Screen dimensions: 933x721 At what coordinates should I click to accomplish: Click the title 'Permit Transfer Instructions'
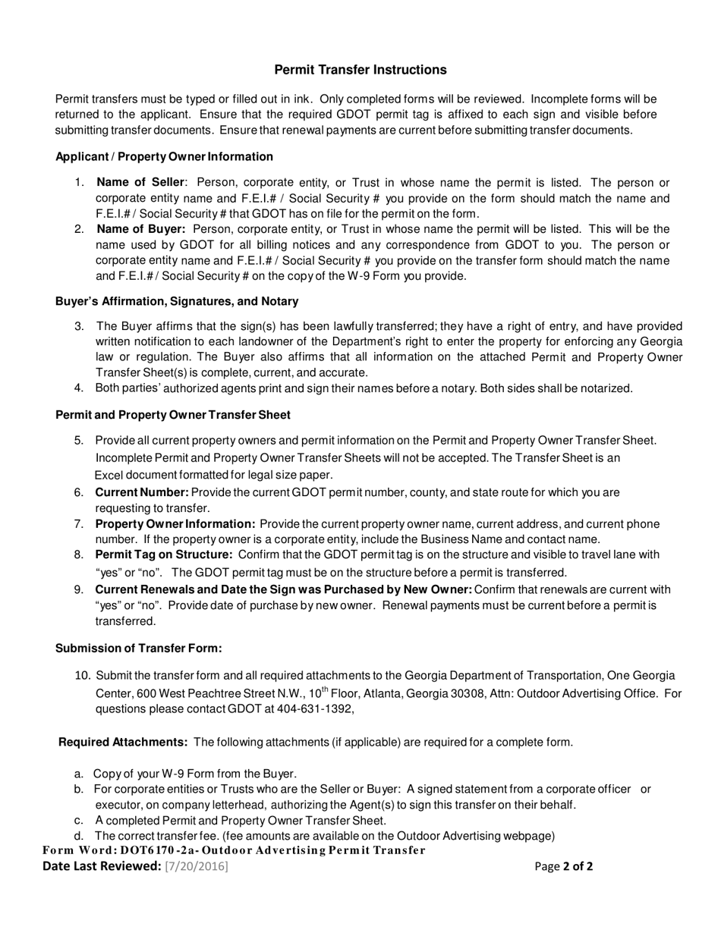pyautogui.click(x=360, y=70)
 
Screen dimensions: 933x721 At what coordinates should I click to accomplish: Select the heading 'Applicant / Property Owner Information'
pyautogui.click(x=164, y=157)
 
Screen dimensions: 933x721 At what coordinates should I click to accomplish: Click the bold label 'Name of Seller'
pyautogui.click(x=140, y=183)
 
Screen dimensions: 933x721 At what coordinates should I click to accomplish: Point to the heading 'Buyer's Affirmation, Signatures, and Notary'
pyautogui.click(x=177, y=301)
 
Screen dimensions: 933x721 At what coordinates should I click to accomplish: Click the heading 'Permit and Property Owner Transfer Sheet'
pyautogui.click(x=173, y=415)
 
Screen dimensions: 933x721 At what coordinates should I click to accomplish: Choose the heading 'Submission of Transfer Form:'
pyautogui.click(x=139, y=648)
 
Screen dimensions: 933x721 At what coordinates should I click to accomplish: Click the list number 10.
pyautogui.click(x=83, y=676)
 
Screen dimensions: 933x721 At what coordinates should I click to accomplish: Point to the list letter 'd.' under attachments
pyautogui.click(x=79, y=836)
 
